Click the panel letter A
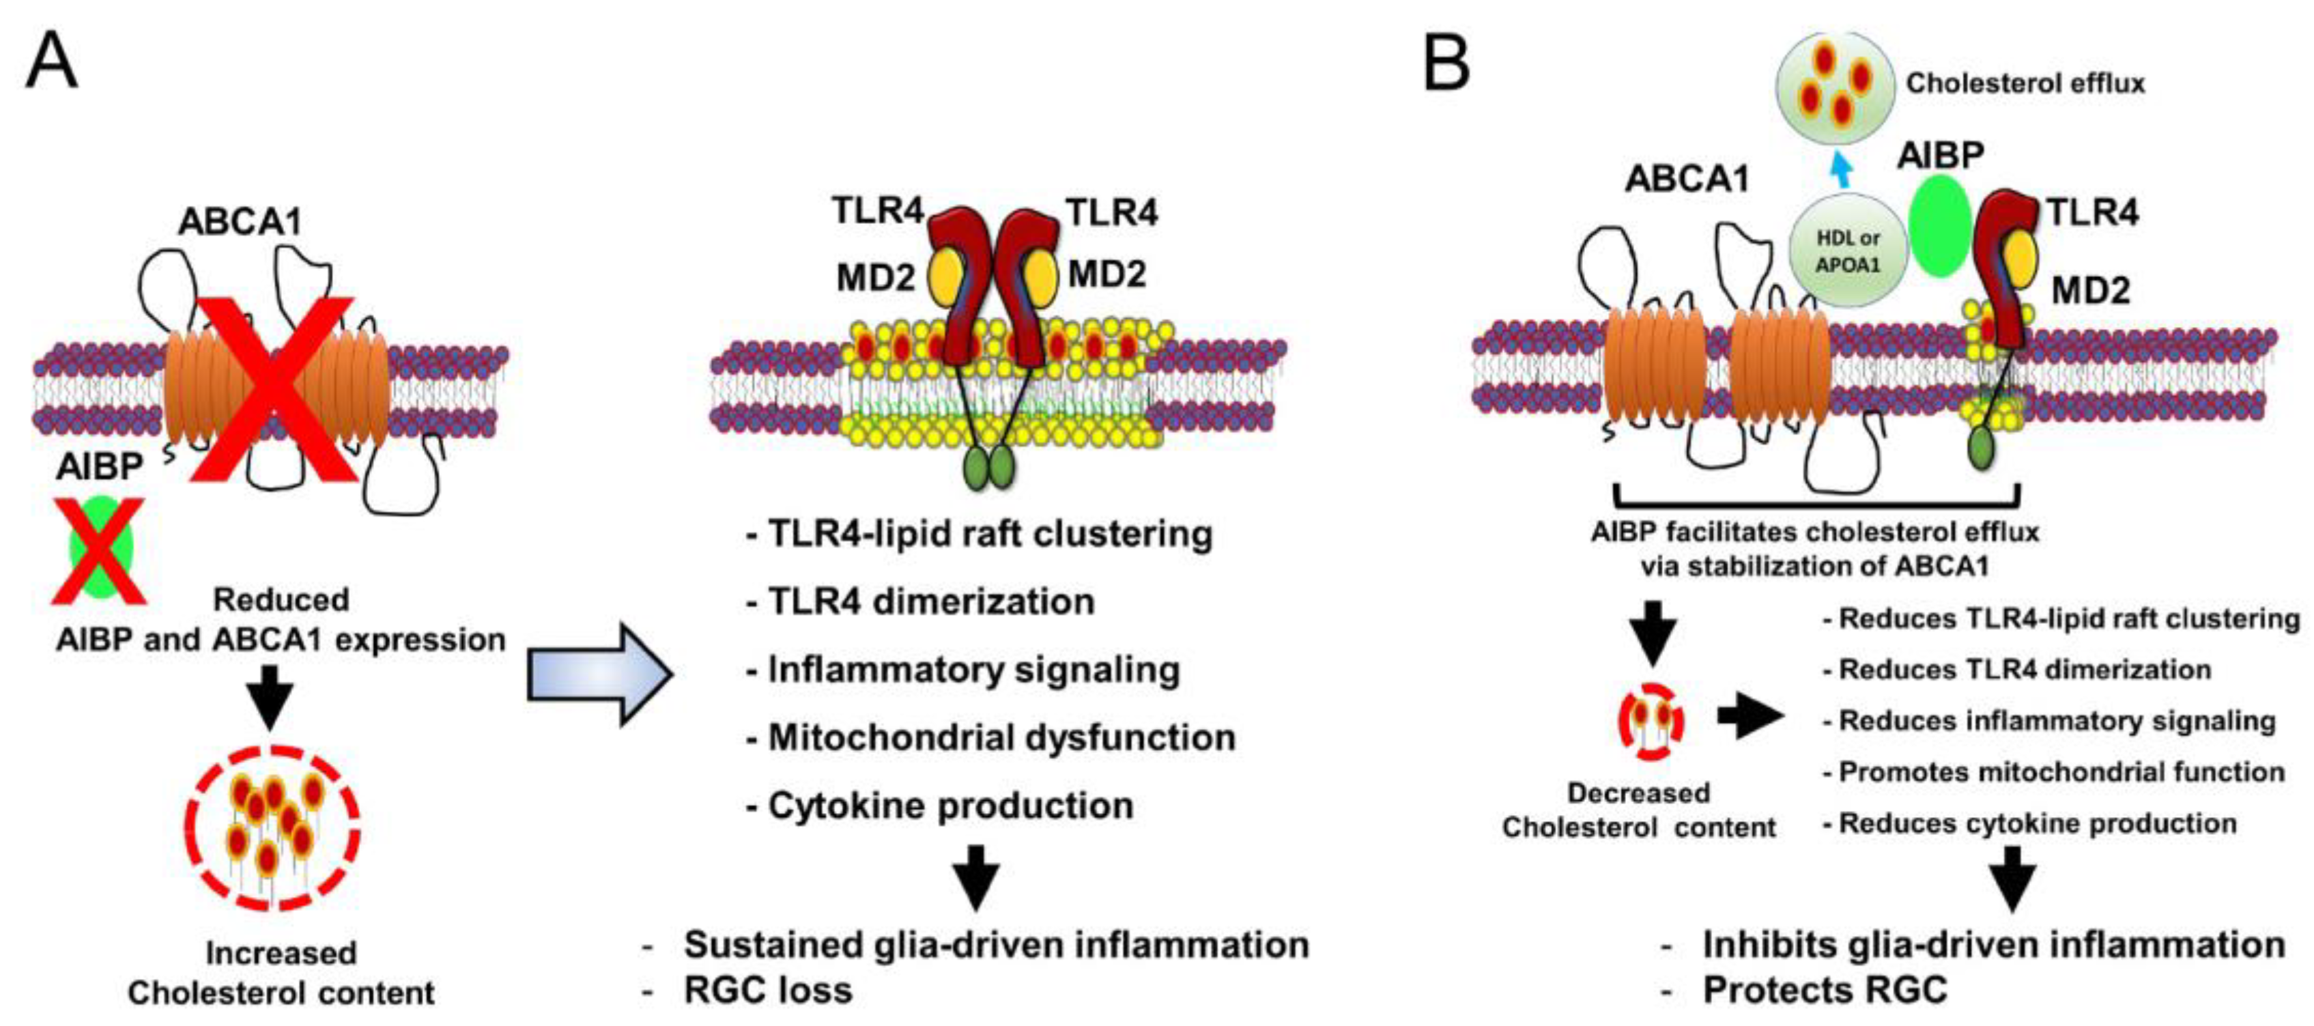click(52, 61)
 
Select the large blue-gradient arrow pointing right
click(598, 674)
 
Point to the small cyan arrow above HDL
click(1842, 167)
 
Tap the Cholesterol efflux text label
click(2025, 83)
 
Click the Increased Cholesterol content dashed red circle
click(271, 836)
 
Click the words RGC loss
click(767, 990)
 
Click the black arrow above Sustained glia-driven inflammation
click(975, 875)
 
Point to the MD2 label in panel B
click(2090, 289)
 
